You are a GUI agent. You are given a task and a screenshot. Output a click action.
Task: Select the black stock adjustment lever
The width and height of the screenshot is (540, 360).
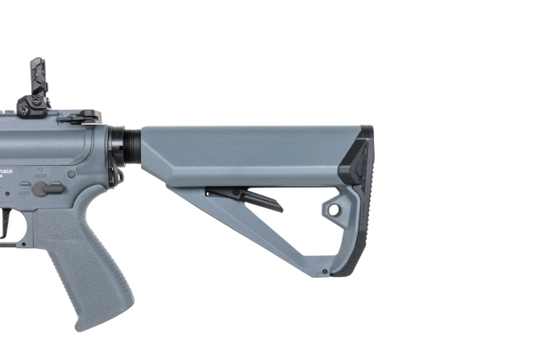click(x=246, y=197)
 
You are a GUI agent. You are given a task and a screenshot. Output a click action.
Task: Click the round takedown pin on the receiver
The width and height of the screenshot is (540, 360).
click(x=72, y=173)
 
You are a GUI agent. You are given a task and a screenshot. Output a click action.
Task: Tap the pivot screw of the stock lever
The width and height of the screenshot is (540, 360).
click(x=212, y=193)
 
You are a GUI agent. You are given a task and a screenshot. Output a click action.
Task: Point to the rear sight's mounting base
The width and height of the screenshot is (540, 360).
click(x=32, y=107)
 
